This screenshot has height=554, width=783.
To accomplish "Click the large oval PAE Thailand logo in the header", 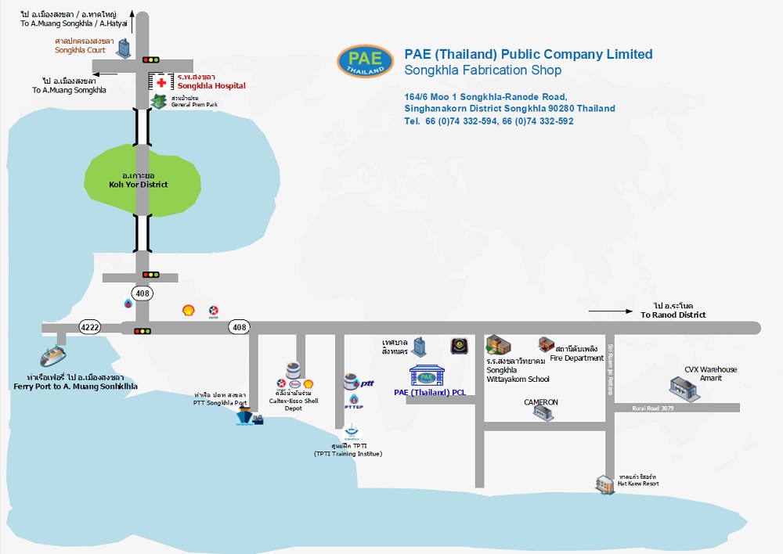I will tap(366, 62).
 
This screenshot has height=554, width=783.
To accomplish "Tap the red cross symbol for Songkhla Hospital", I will tap(161, 82).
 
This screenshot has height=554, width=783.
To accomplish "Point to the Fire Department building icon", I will tap(546, 344).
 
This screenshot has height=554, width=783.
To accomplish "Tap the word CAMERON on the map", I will tap(541, 402).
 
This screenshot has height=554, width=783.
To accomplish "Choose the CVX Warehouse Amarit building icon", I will tap(679, 387).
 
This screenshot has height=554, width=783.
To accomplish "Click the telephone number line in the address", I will tap(489, 121).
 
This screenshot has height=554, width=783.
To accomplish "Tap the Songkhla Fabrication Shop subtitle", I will tap(482, 70).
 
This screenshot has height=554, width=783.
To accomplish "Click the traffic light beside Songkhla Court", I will tap(150, 59).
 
